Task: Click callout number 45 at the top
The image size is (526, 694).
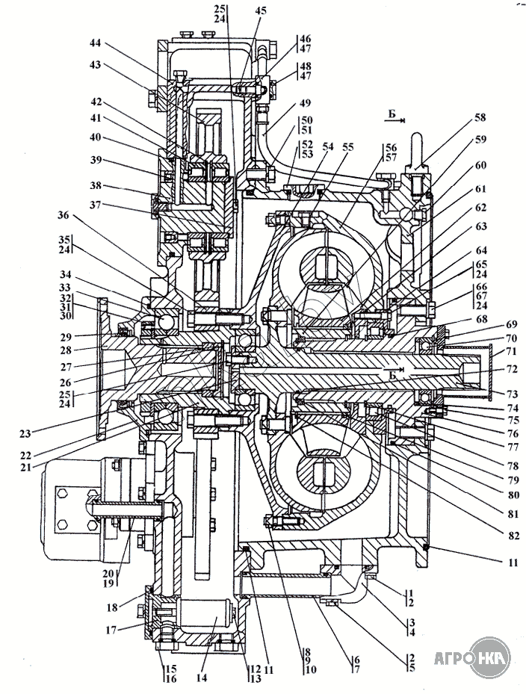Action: coord(259,10)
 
